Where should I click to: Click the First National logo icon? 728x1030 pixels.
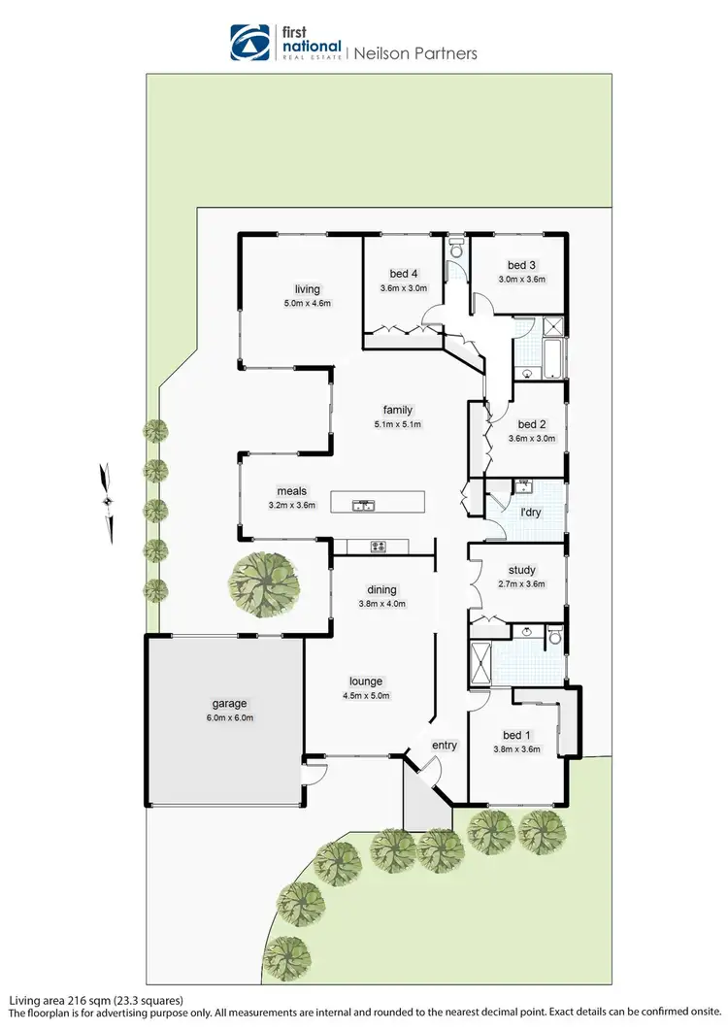pos(249,42)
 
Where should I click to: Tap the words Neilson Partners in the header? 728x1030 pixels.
pos(414,53)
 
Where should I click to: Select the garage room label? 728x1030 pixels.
pos(230,704)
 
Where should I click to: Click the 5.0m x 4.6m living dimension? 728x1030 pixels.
pos(308,303)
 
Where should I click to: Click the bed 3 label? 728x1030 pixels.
pos(521,265)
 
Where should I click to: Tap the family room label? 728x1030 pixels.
pos(398,410)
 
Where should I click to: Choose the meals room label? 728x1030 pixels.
pos(291,491)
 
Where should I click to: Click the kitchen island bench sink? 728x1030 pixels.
pos(365,504)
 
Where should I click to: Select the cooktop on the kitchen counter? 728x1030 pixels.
pos(378,546)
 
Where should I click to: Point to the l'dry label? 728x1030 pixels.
pos(531,511)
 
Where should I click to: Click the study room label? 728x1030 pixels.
pos(521,571)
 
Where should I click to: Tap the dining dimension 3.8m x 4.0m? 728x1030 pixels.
pos(381,604)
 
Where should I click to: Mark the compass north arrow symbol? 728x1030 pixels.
pos(108,501)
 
